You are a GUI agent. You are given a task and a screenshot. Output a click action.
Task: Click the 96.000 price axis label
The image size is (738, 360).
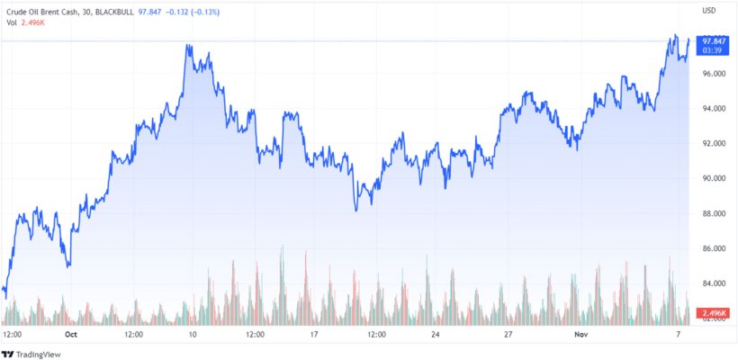pyautogui.click(x=714, y=73)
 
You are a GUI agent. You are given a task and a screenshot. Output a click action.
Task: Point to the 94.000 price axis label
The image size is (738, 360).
pyautogui.click(x=714, y=109)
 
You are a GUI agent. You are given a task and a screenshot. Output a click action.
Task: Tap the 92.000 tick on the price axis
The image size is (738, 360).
pyautogui.click(x=714, y=144)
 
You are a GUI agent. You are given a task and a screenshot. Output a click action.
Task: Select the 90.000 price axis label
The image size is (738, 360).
pyautogui.click(x=714, y=179)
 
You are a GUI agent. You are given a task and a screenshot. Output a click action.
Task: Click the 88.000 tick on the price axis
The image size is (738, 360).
pyautogui.click(x=714, y=214)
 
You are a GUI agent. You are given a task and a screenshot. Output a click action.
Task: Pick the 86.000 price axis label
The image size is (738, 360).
pyautogui.click(x=714, y=249)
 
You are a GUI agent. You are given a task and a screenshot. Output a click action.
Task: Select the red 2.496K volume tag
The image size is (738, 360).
pyautogui.click(x=714, y=311)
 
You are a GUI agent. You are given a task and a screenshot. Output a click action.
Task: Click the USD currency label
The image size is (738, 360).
pyautogui.click(x=708, y=11)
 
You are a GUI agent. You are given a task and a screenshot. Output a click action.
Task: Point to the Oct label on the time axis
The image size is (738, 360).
pyautogui.click(x=71, y=333)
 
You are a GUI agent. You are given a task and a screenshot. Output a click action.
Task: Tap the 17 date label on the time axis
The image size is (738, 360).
pyautogui.click(x=315, y=333)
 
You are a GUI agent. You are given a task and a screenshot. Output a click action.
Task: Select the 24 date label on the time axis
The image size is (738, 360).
pyautogui.click(x=436, y=333)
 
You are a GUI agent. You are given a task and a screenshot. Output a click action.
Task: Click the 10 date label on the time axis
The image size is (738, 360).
pyautogui.click(x=193, y=333)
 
